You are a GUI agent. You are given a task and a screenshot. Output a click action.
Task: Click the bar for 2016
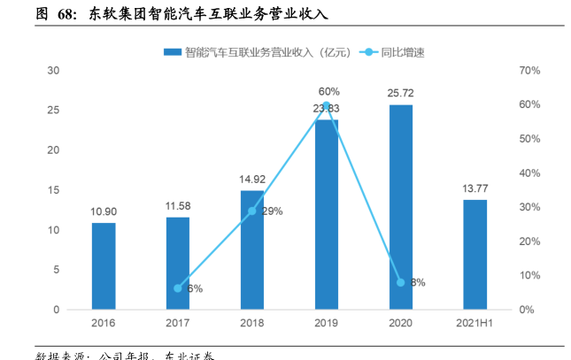tap(104, 265)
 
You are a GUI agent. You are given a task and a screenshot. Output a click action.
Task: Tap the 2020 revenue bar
tap(400, 207)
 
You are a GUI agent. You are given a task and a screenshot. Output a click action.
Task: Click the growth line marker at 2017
tap(178, 288)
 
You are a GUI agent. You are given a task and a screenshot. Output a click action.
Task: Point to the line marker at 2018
tap(252, 211)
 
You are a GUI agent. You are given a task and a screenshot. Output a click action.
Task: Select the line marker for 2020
tap(400, 282)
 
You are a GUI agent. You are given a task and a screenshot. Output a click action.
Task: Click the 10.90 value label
tap(104, 212)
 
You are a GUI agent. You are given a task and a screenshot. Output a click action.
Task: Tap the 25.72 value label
tap(400, 93)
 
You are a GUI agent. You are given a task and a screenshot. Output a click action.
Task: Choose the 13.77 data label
tap(475, 188)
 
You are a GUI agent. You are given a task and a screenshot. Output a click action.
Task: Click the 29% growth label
tap(272, 211)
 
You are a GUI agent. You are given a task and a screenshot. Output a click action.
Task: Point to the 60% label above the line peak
tap(328, 91)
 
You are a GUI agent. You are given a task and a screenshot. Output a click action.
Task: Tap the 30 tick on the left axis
tap(53, 71)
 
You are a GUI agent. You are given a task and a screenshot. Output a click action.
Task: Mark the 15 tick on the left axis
tap(53, 190)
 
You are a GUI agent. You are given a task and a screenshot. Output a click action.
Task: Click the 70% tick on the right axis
tap(529, 71)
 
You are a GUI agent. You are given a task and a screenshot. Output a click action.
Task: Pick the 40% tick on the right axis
tap(529, 173)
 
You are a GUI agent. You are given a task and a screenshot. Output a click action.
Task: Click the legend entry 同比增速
tap(403, 52)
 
